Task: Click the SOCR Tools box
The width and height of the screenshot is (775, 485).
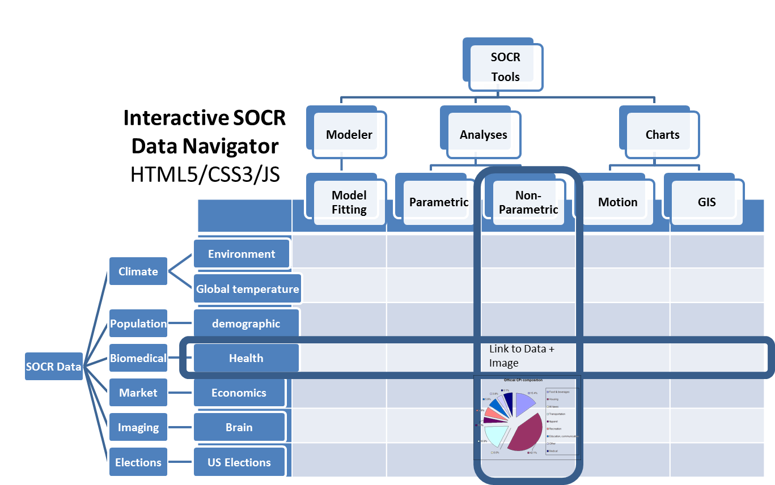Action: (x=505, y=67)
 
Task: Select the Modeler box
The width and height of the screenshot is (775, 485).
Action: (x=349, y=135)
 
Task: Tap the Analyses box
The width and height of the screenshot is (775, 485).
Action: (x=483, y=135)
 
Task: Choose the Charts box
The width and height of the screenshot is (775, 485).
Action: (x=662, y=135)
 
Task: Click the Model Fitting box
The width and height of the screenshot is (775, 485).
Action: (x=349, y=202)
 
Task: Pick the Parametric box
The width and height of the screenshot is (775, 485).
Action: (x=438, y=202)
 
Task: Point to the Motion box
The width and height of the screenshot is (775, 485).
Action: (x=617, y=202)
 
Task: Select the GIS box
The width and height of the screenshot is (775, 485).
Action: (x=706, y=202)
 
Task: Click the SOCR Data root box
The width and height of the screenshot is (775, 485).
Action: (x=54, y=367)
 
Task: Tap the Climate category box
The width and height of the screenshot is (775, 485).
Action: (x=138, y=271)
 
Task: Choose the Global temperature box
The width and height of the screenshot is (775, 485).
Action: (x=247, y=289)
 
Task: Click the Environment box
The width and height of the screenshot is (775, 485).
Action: (x=242, y=254)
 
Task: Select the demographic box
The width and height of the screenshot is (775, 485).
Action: (x=246, y=324)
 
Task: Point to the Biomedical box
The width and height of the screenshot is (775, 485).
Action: (x=138, y=358)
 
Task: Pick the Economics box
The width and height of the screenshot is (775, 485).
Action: (x=239, y=393)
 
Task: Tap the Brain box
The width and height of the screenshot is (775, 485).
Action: (x=239, y=427)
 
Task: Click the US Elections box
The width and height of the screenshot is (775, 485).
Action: (x=239, y=462)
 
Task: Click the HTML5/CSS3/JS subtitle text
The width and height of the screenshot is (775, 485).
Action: (x=205, y=174)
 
